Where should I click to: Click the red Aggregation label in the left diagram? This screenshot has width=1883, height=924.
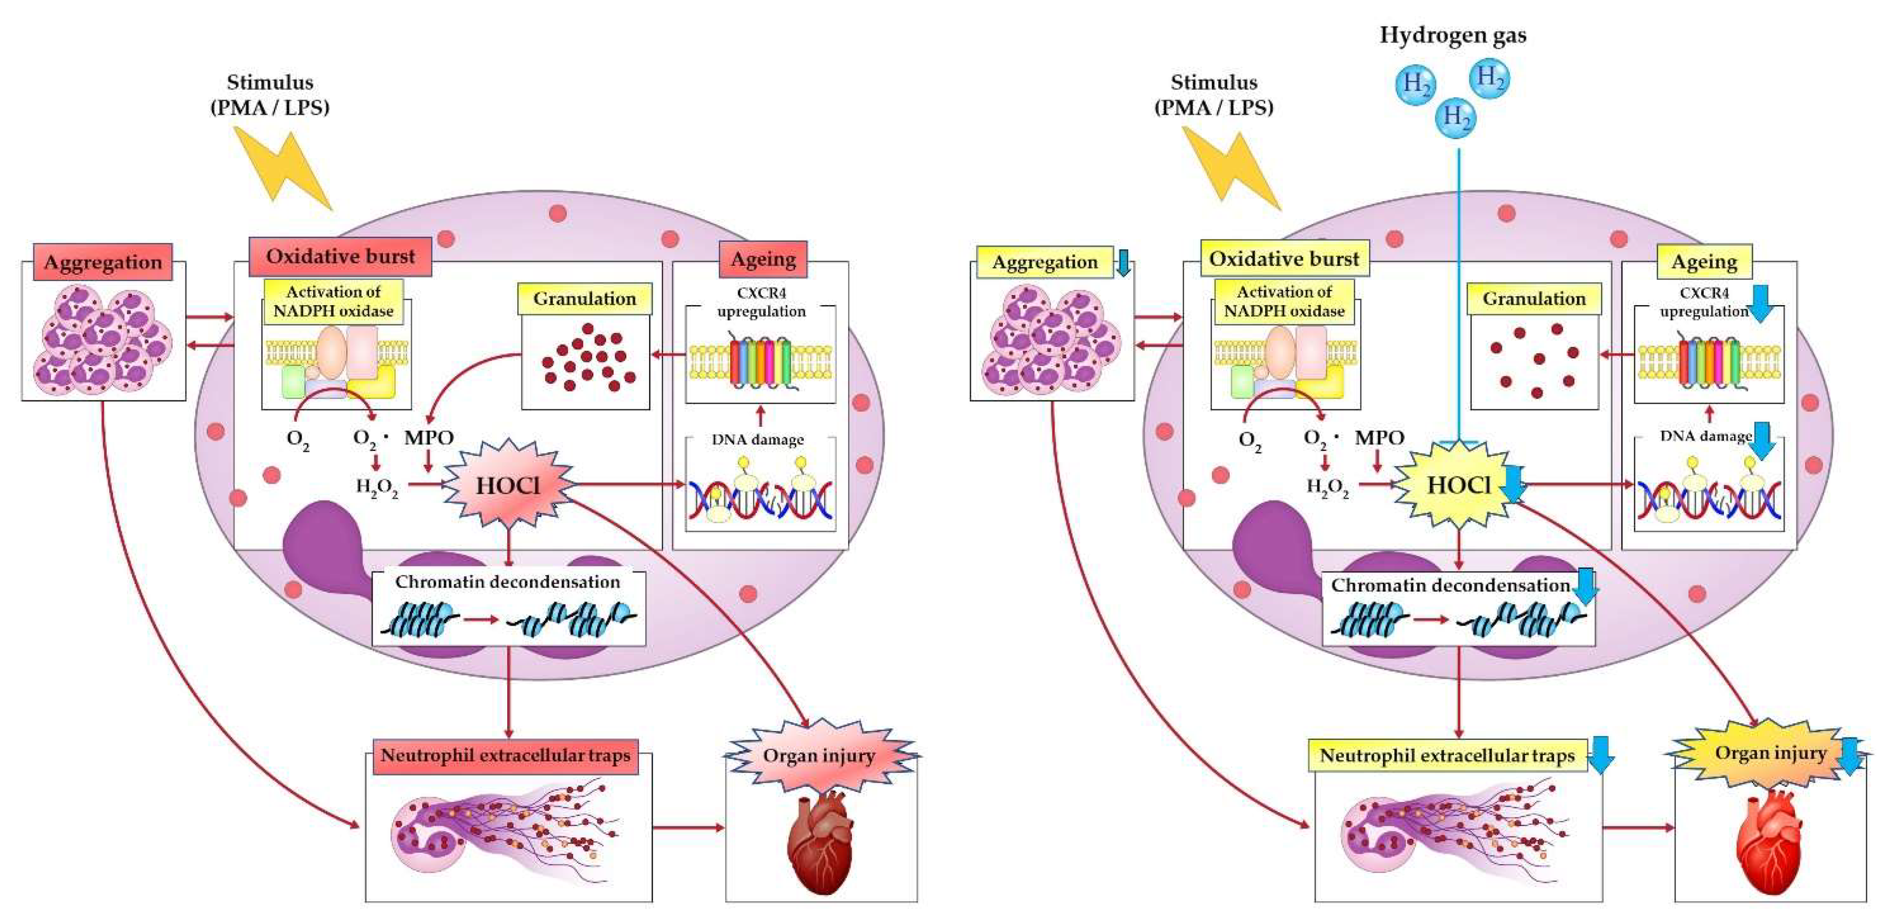click(x=102, y=262)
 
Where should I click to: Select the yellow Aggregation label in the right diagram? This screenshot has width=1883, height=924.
click(x=1045, y=262)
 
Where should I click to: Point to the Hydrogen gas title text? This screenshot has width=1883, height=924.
click(x=1452, y=35)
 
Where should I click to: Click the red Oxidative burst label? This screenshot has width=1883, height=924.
click(x=340, y=256)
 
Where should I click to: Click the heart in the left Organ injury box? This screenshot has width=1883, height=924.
click(x=820, y=840)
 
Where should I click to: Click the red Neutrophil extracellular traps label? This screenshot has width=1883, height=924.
click(x=504, y=756)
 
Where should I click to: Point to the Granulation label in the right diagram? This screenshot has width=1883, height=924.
click(x=1534, y=299)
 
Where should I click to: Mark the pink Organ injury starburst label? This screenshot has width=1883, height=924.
click(x=819, y=755)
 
